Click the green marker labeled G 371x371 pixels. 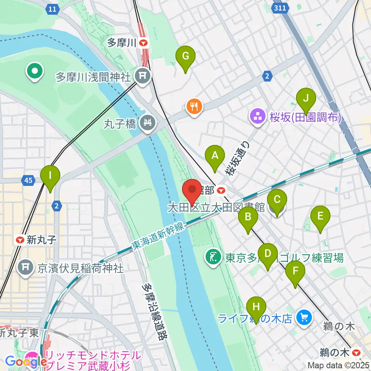(185, 57)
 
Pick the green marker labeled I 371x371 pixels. (50, 176)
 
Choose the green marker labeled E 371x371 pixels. (320, 216)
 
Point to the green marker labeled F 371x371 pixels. (295, 271)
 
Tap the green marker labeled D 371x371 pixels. (268, 254)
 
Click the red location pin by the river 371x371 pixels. (192, 190)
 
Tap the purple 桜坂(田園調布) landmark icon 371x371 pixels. (257, 116)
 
